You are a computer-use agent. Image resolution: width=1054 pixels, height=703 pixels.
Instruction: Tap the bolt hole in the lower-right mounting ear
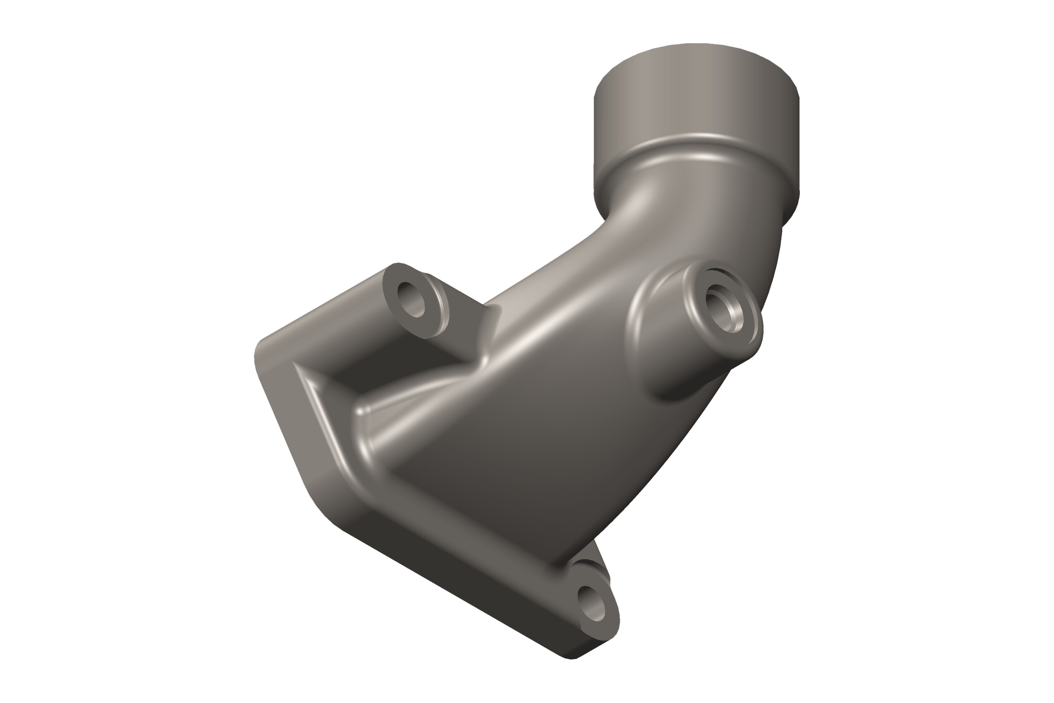click(x=591, y=603)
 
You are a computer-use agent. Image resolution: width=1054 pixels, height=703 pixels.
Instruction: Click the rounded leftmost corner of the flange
click(x=260, y=354)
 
